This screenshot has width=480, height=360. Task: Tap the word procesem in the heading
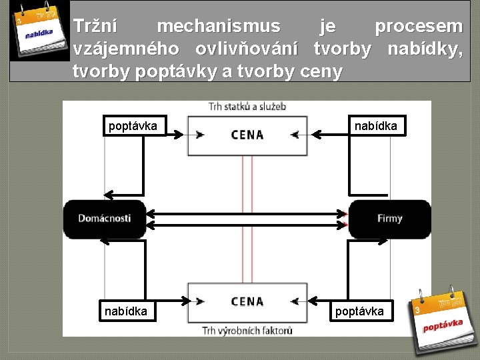pos(419,27)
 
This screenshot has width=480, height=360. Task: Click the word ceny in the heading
pos(321,72)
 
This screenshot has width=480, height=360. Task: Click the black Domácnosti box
pos(105,219)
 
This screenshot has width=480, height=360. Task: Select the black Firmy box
pos(389,219)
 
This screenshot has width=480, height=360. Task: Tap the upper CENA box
pos(247,135)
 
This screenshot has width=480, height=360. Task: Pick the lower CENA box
pos(247,302)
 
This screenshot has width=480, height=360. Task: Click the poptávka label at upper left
pos(133,126)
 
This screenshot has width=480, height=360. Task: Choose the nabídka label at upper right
pos(375,126)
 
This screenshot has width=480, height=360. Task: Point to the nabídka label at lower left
pos(126,311)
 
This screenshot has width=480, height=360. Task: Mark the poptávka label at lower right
pos(359,311)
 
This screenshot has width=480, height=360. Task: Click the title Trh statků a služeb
pos(247,107)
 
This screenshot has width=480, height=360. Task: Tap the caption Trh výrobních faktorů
pos(247,330)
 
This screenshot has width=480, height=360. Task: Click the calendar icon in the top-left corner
pos(39,30)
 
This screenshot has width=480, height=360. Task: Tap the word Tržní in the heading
pos(95,27)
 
